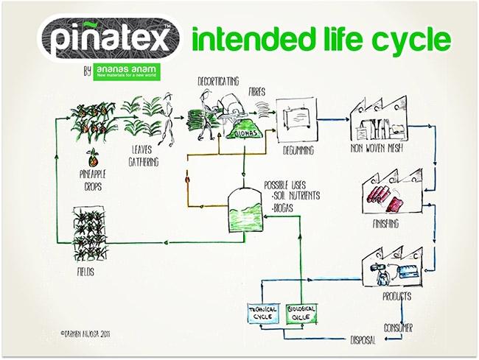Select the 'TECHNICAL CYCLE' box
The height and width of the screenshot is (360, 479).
coord(264,313)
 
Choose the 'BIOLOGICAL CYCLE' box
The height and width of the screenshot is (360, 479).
coord(301,313)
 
